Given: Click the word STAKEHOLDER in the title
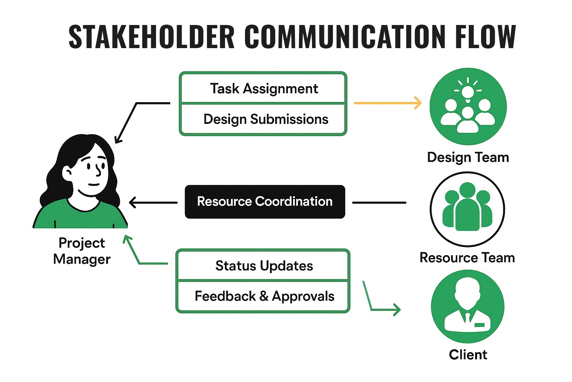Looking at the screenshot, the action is point(152,36).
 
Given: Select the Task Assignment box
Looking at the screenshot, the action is point(263,88).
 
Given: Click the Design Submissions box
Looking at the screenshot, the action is point(263,119).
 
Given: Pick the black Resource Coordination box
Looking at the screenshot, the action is point(265,201).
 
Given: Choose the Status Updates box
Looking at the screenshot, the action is point(263,265).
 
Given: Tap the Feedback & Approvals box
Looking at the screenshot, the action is point(263,296).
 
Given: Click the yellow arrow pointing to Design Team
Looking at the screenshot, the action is point(388,103).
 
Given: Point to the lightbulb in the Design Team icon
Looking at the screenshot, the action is point(468,93).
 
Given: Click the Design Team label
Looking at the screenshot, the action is point(468,157).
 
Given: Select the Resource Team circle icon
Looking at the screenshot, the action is point(467,209).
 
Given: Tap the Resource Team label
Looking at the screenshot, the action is point(467,258).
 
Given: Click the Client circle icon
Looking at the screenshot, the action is point(468,306).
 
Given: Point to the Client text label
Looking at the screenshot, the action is point(468,355).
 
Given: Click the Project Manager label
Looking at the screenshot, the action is point(82,251).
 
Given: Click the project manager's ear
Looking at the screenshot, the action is point(67,173).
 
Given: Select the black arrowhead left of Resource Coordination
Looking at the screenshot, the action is point(134,203).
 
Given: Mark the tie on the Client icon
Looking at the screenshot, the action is point(468,317).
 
